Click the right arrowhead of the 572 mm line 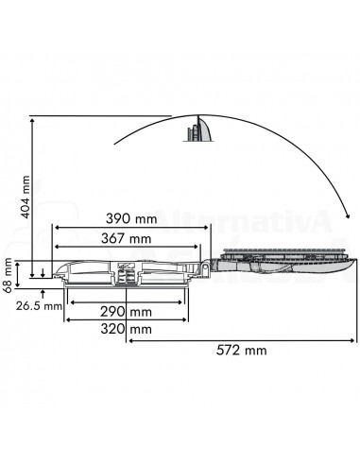[355, 340]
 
